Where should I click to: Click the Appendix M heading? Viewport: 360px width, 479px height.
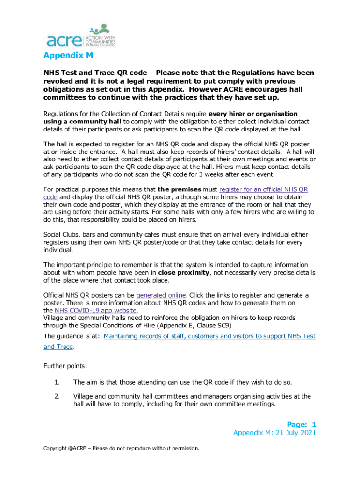(x=68, y=57)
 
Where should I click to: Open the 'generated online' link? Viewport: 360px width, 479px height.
(x=161, y=295)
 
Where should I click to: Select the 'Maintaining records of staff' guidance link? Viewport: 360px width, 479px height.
(x=209, y=336)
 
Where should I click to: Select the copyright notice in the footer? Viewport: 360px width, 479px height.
(x=122, y=449)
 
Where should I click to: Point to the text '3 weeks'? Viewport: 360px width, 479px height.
(x=206, y=174)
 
